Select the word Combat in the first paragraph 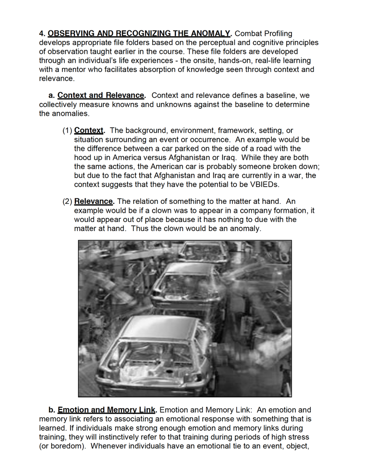(x=248, y=34)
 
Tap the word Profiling (x=277, y=34)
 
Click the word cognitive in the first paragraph (x=255, y=43)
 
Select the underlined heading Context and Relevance (x=101, y=96)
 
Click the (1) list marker (x=67, y=130)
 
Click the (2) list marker (x=67, y=201)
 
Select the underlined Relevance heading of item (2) (x=94, y=201)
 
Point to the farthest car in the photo (x=206, y=249)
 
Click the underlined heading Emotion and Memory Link (x=106, y=410)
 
